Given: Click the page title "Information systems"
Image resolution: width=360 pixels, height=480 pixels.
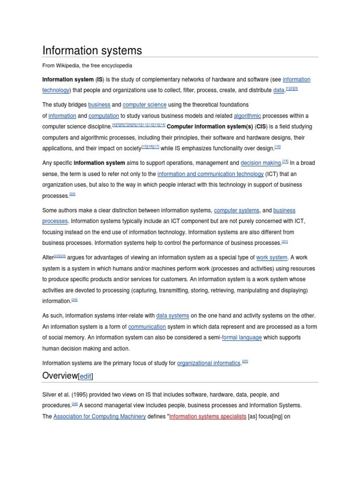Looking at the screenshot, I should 92,50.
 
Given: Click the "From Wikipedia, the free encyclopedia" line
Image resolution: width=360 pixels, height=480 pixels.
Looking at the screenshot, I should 87,66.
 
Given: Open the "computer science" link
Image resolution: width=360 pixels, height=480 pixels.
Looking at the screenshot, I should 144,105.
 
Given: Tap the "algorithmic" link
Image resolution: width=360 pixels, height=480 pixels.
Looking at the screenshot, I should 247,116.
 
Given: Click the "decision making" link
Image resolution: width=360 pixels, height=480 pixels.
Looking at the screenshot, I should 261,163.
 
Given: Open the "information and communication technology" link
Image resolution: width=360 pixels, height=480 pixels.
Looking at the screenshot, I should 210,174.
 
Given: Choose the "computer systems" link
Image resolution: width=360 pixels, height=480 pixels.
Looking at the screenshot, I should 236,210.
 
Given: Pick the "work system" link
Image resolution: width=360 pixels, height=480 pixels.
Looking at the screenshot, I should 272,257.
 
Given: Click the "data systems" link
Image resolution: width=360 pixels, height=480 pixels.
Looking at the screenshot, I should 172,316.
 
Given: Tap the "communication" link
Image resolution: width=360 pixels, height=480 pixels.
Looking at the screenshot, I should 147,327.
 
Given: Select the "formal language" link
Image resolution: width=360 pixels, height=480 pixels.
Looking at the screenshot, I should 241,337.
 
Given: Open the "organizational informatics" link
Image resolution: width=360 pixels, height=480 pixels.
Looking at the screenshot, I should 209,363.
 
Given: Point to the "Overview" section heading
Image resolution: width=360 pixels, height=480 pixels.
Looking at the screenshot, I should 60,376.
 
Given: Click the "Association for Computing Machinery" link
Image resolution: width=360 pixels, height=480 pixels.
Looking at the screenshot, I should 99,416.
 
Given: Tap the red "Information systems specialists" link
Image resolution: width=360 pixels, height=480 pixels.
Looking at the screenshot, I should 208,416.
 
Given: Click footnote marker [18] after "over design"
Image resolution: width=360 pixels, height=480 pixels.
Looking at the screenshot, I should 277,147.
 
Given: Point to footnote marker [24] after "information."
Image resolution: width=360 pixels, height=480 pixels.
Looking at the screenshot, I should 75,300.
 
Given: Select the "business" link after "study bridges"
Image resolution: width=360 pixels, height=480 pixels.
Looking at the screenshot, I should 99,105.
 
